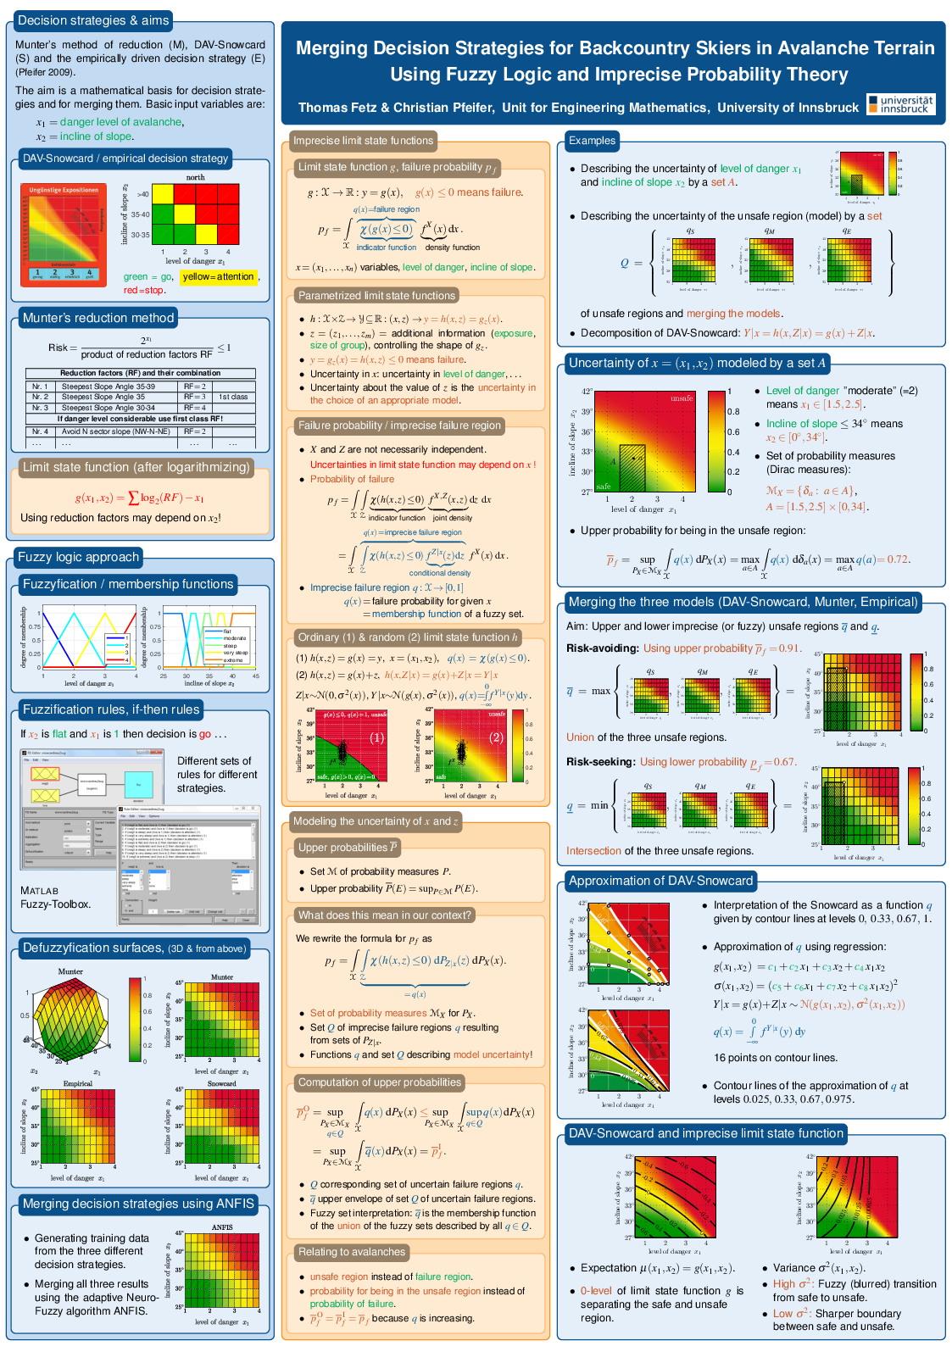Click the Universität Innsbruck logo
(901, 104)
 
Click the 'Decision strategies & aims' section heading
(93, 20)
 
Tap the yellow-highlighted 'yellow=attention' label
(218, 276)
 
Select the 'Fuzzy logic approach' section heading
(78, 557)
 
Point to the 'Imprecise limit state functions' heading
(363, 141)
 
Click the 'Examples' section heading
(592, 141)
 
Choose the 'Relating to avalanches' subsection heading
(352, 1252)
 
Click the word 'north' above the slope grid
(195, 177)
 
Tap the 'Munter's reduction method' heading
(97, 318)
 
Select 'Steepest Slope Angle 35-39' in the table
(108, 387)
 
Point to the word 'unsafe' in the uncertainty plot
(682, 398)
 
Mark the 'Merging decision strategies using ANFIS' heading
(138, 1204)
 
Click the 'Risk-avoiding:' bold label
(602, 648)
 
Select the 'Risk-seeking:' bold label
(600, 762)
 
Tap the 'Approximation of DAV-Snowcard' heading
(660, 881)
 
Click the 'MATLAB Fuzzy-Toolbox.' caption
(55, 898)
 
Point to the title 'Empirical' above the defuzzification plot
(78, 1083)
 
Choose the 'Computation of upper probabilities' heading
(379, 1082)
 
